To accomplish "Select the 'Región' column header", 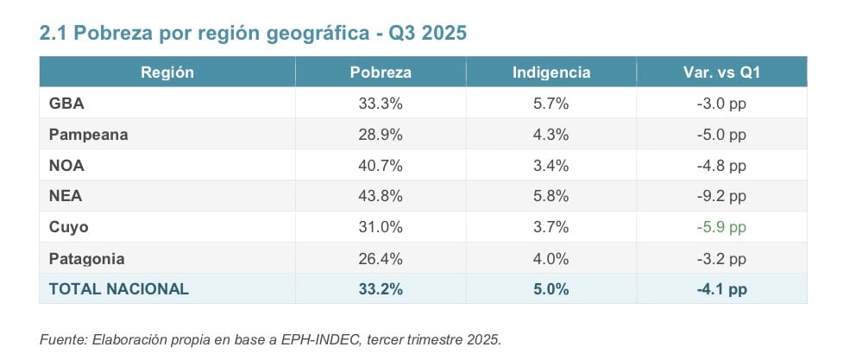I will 167,73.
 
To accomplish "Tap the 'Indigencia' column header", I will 551,73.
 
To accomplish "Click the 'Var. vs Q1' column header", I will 721,73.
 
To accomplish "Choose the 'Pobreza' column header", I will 381,73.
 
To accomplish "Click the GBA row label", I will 66,104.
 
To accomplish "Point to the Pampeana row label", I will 88,135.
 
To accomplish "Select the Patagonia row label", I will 87,258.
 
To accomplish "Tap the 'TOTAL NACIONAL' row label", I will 119,289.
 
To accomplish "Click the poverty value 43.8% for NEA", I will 381,196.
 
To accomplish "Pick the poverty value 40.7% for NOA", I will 381,165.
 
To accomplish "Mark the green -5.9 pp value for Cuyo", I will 721,227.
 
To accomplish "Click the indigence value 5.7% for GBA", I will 551,104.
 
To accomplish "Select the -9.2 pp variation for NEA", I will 721,196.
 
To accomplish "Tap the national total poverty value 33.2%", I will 381,289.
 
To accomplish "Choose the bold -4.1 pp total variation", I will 721,289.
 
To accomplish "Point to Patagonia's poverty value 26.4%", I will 381,258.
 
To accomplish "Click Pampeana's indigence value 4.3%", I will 551,135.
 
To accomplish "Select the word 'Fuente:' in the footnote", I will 63,339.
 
